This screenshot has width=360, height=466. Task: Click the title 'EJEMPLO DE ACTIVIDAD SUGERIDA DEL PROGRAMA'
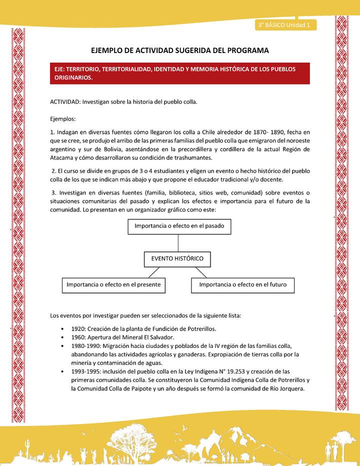coord(180,50)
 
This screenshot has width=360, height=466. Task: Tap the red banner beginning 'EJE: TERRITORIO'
coord(180,73)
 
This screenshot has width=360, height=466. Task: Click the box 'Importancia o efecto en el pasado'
coord(178,226)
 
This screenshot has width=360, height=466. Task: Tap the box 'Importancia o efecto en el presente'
coord(113,284)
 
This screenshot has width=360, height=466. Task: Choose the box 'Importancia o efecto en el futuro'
coord(242,284)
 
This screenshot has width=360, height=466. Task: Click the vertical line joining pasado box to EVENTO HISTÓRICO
coord(178,243)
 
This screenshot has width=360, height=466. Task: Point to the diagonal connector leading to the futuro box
coord(201,272)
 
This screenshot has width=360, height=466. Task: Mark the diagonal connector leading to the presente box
coord(154,272)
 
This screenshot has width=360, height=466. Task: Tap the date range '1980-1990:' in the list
coord(87,346)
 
